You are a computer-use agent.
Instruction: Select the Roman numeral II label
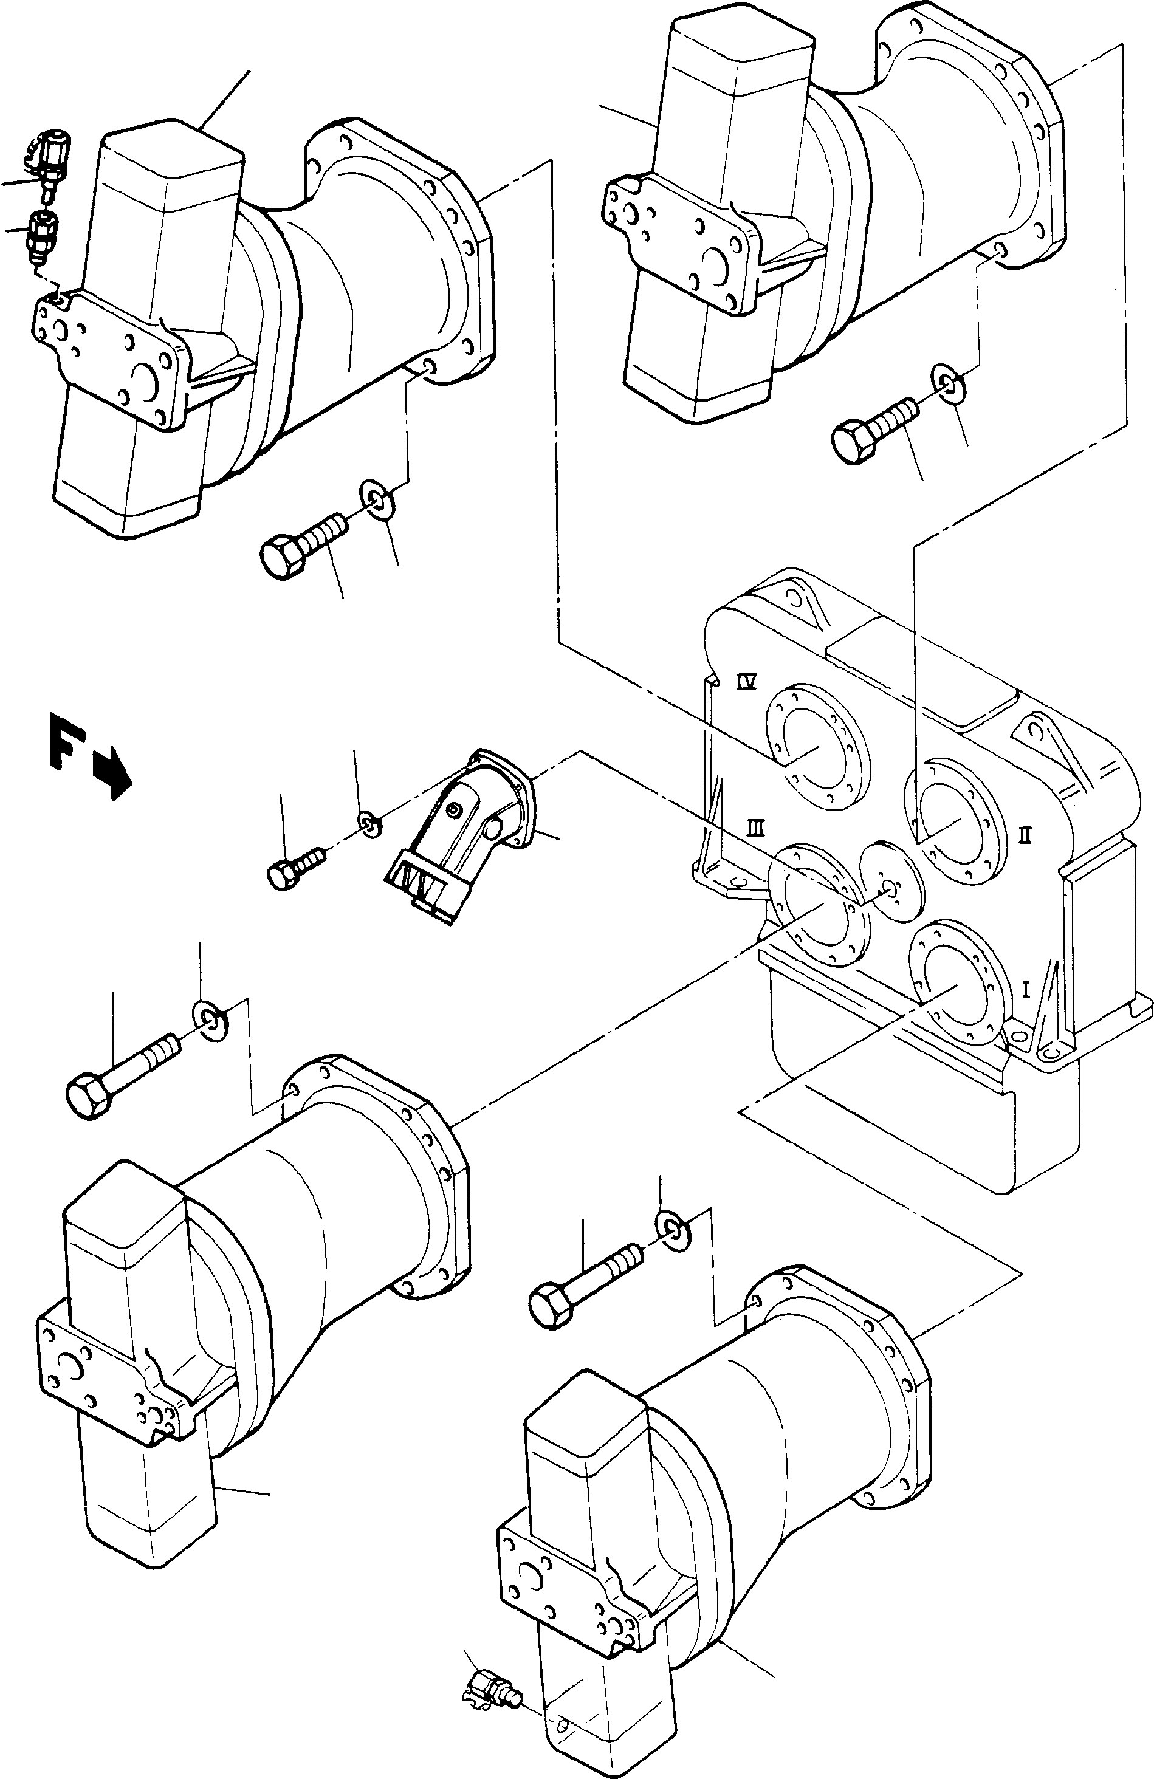pyautogui.click(x=1025, y=835)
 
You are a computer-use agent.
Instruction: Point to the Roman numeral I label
pyautogui.click(x=1026, y=990)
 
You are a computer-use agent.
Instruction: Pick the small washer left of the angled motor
pyautogui.click(x=368, y=823)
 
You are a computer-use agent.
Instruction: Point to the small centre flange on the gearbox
pyautogui.click(x=891, y=886)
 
